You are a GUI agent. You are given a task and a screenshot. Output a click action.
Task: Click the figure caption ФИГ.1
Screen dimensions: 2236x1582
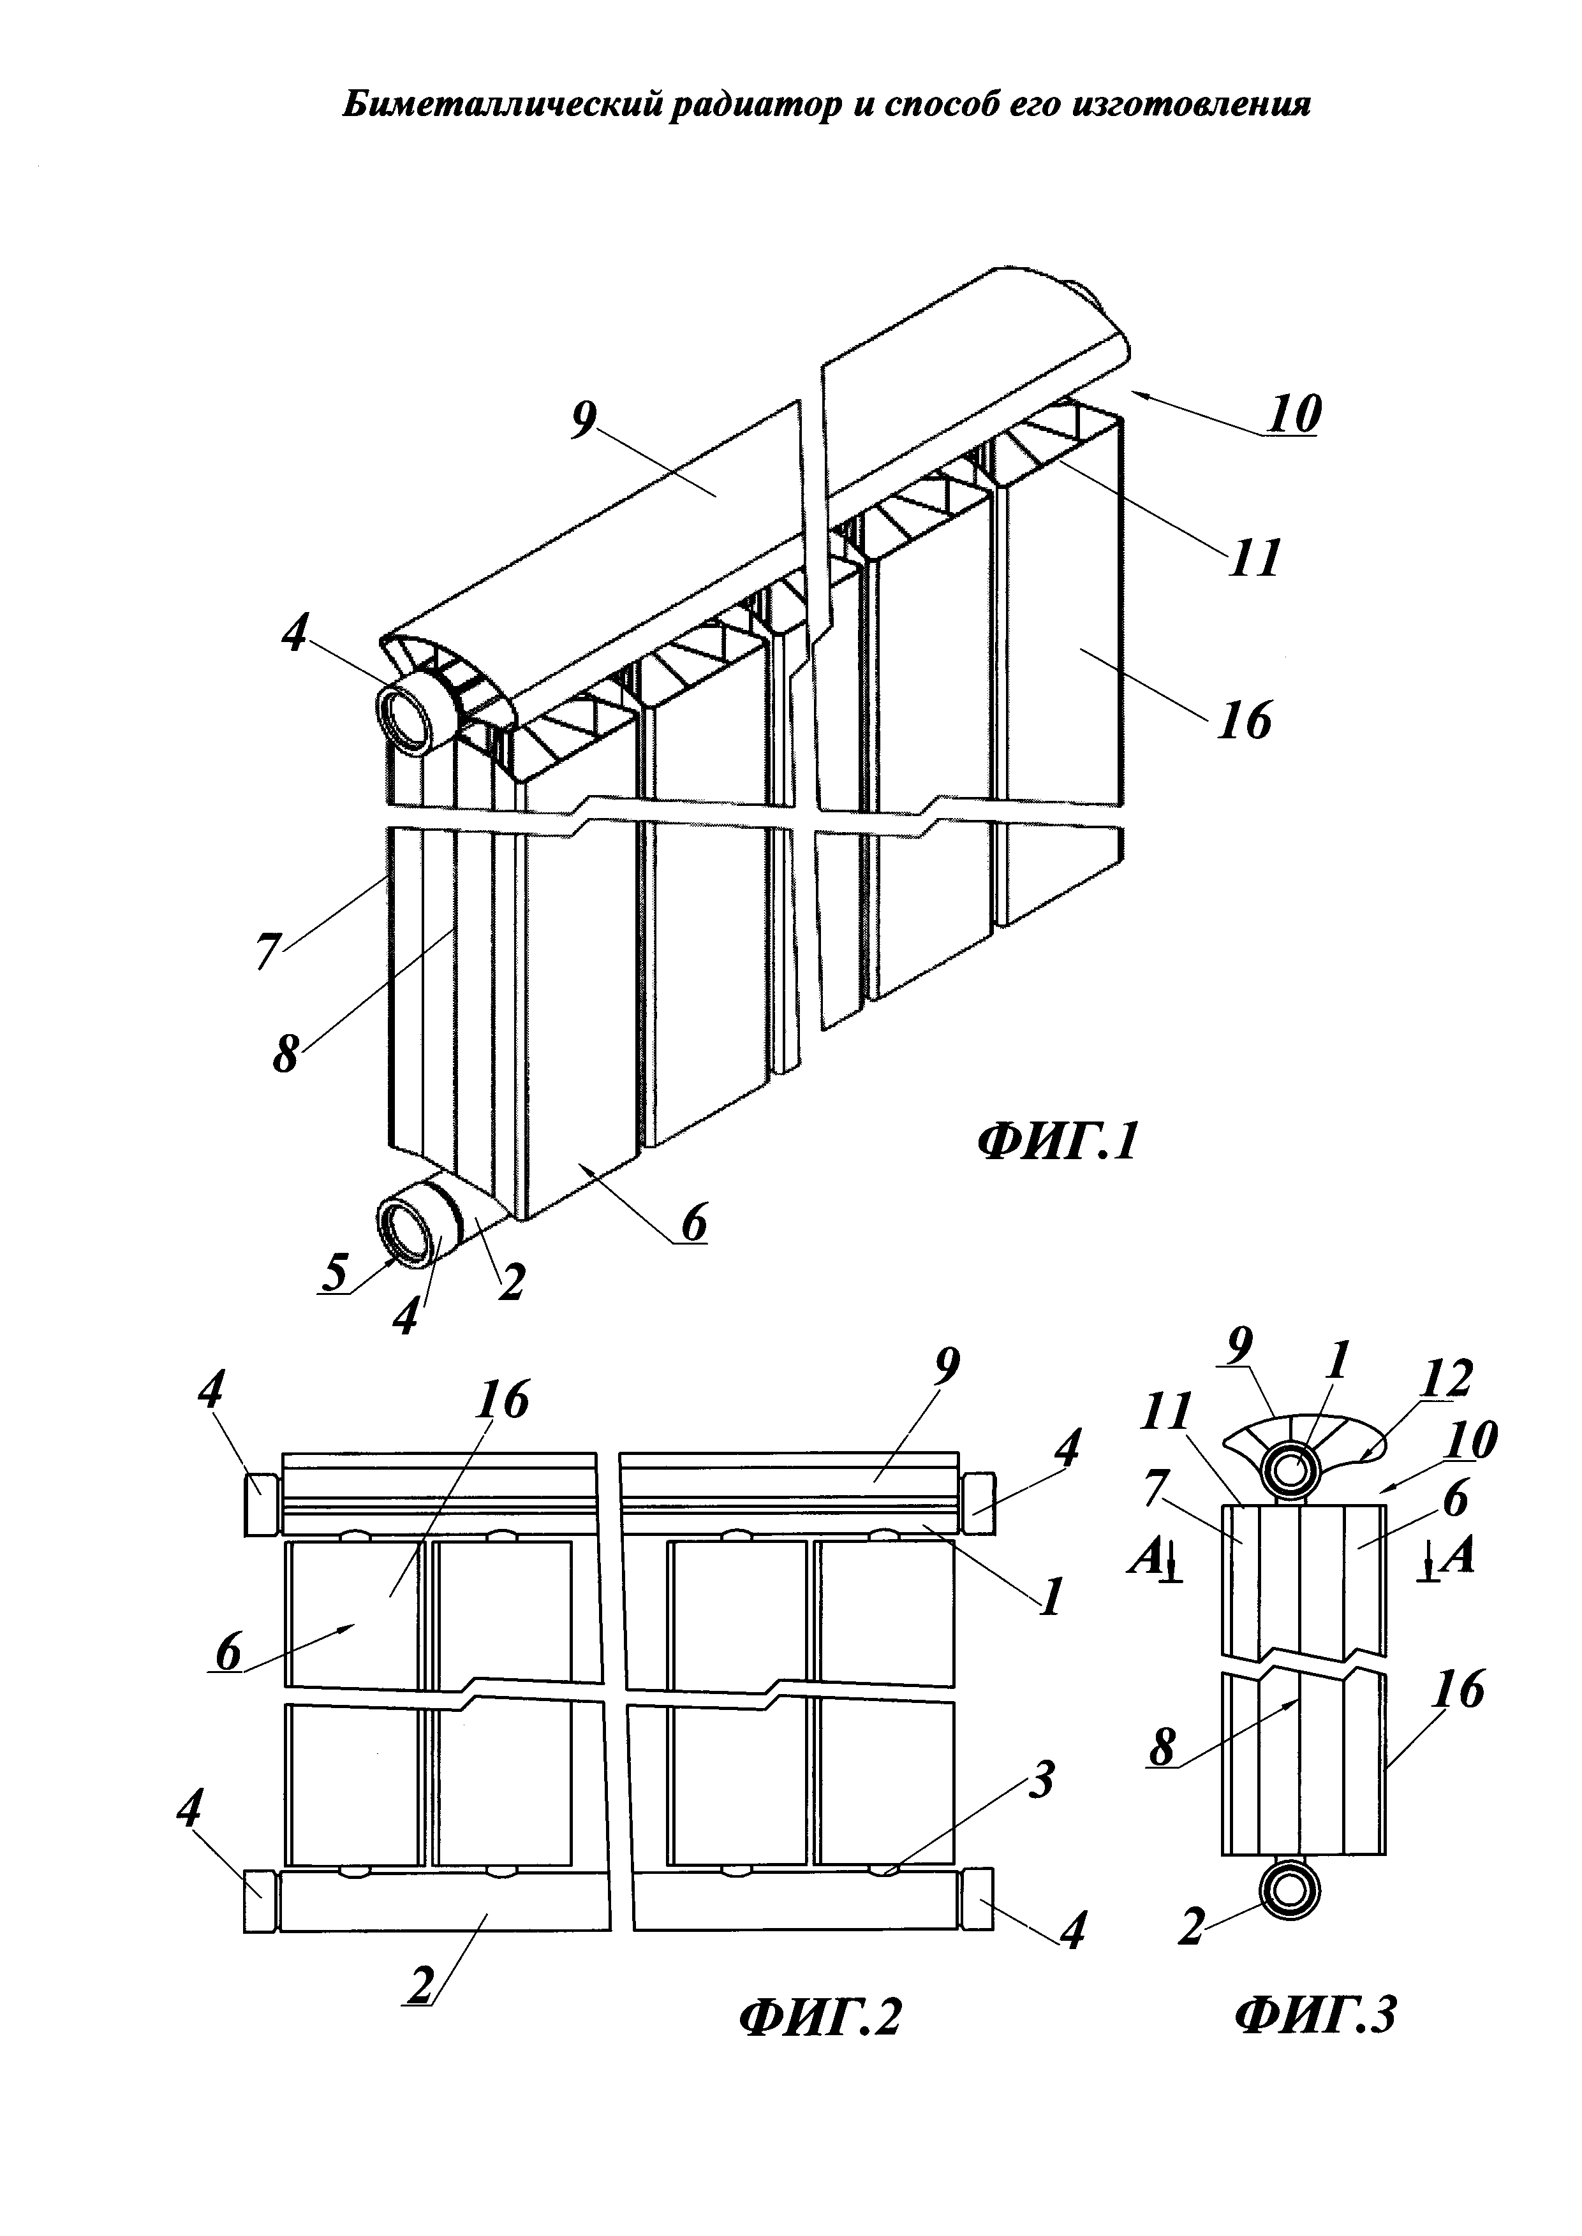1057,1143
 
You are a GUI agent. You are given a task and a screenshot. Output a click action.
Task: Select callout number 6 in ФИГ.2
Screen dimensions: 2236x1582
227,1653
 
